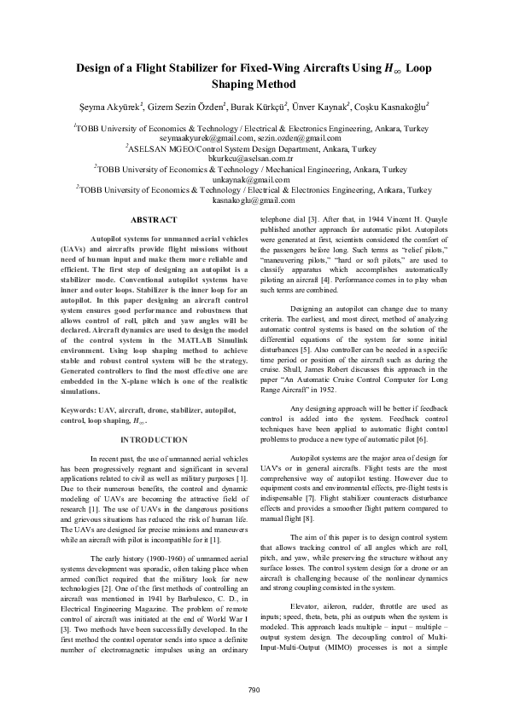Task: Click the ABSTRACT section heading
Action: (155, 220)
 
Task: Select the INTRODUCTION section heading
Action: (155, 440)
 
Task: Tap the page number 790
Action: (254, 690)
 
